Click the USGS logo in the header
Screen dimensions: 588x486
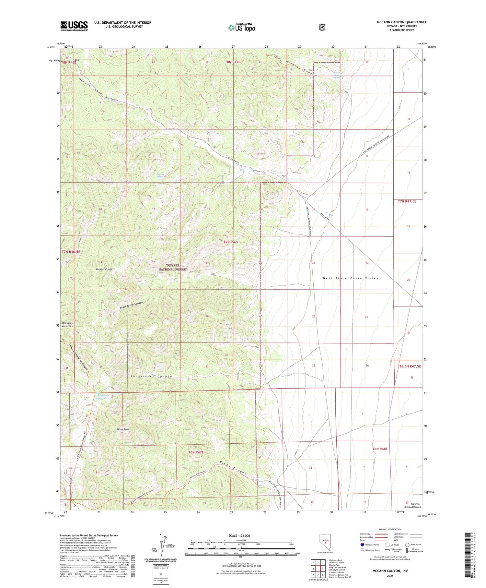click(74, 26)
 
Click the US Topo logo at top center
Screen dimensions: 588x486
click(242, 28)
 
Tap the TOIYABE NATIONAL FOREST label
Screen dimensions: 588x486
click(172, 267)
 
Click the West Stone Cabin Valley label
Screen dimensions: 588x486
click(350, 278)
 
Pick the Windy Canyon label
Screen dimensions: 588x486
click(233, 467)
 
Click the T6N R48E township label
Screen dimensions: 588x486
click(380, 449)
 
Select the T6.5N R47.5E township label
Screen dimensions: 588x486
click(410, 366)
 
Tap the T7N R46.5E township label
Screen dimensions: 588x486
click(71, 251)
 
